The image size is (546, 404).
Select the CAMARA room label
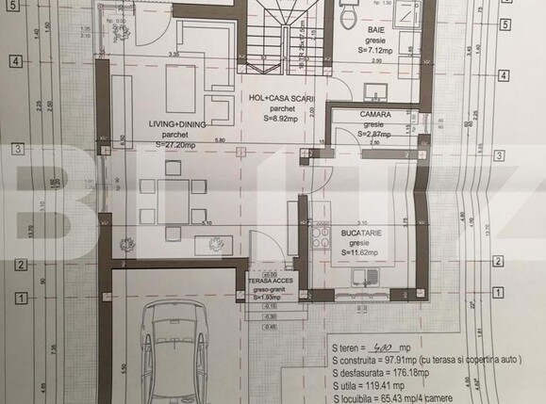click(375, 114)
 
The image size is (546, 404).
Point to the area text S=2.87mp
click(375, 134)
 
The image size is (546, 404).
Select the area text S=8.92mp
click(281, 119)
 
